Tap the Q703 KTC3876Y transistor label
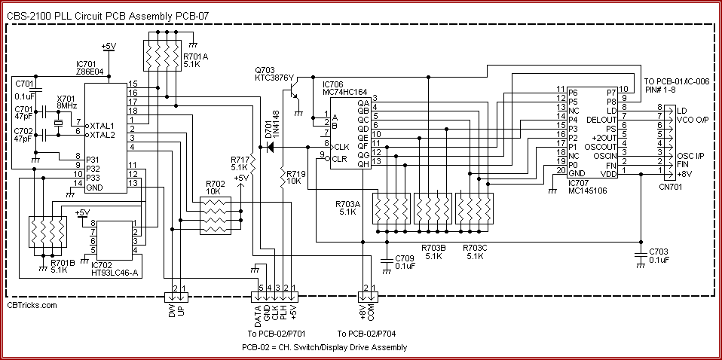tap(274, 75)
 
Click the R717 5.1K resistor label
tap(239, 163)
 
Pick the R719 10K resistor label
tap(295, 178)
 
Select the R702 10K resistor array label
tap(215, 188)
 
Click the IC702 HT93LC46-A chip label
tap(113, 268)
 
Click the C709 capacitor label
tap(405, 261)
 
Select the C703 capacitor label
tap(659, 255)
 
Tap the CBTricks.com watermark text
tap(32, 305)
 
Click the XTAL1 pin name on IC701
tap(101, 125)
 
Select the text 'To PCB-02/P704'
tap(368, 334)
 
